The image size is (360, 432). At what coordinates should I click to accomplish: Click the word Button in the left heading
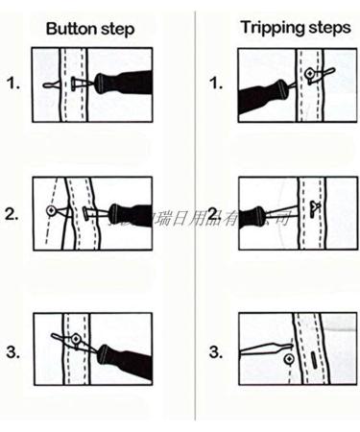click(x=70, y=28)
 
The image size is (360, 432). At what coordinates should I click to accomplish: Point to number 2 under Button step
click(x=12, y=213)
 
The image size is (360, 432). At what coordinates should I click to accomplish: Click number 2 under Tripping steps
click(x=215, y=213)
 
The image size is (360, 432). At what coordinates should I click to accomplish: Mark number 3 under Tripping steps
click(x=215, y=351)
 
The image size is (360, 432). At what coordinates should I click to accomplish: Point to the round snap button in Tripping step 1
click(x=310, y=73)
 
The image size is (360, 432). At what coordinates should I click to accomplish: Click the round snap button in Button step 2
click(x=51, y=209)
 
